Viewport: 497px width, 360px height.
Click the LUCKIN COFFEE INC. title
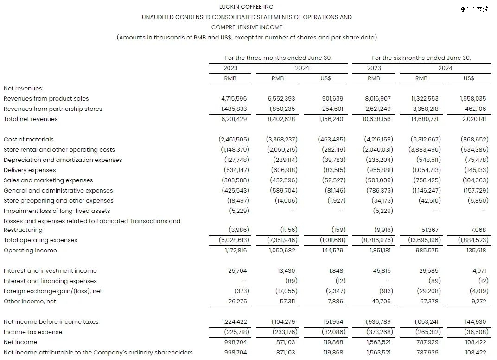[247, 7]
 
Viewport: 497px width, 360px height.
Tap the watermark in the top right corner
[474, 9]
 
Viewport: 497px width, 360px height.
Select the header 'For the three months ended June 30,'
[279, 58]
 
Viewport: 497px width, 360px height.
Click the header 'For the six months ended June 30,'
[421, 58]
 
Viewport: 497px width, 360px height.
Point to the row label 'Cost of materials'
[29, 140]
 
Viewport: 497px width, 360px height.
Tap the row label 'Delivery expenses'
[30, 170]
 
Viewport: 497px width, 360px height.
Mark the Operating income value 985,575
[425, 251]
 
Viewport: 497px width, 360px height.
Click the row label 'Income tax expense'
[33, 332]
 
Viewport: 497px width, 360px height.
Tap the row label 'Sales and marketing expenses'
[48, 180]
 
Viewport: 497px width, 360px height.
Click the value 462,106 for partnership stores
[472, 109]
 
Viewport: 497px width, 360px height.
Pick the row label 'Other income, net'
[30, 302]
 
